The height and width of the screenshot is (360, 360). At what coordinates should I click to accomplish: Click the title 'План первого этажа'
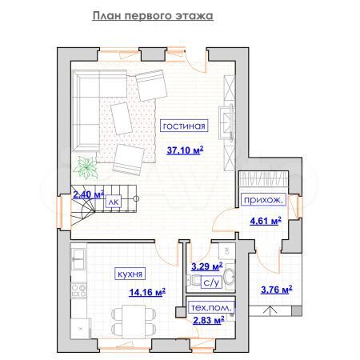pos(151,15)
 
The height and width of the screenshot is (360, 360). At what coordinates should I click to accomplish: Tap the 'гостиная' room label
pos(184,126)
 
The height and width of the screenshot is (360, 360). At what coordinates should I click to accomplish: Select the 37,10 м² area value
pos(185,150)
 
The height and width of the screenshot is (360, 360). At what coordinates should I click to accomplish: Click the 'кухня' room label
pos(130,273)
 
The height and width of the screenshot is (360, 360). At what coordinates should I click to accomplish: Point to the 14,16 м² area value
pos(147,292)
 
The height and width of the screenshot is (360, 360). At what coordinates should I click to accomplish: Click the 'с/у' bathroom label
pos(211,282)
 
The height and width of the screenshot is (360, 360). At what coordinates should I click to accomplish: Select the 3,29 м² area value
pos(204,267)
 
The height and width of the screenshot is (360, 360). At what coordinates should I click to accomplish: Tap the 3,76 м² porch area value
pos(276,289)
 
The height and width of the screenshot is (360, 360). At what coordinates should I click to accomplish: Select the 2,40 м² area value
pos(88,194)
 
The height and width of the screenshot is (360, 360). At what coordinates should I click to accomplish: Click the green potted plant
pos(86,168)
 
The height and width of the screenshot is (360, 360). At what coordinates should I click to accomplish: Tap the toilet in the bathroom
pos(192,281)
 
